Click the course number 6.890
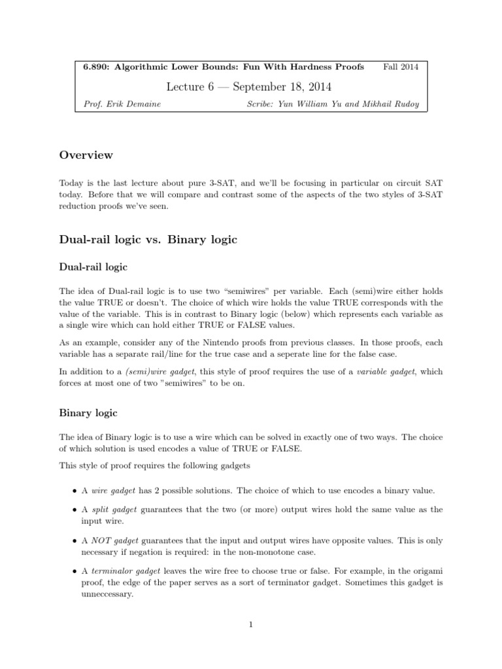[x=96, y=67]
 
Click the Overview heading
[x=86, y=155]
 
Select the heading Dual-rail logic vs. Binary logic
[x=148, y=240]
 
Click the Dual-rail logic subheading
[x=93, y=267]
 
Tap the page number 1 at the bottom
[x=251, y=625]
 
